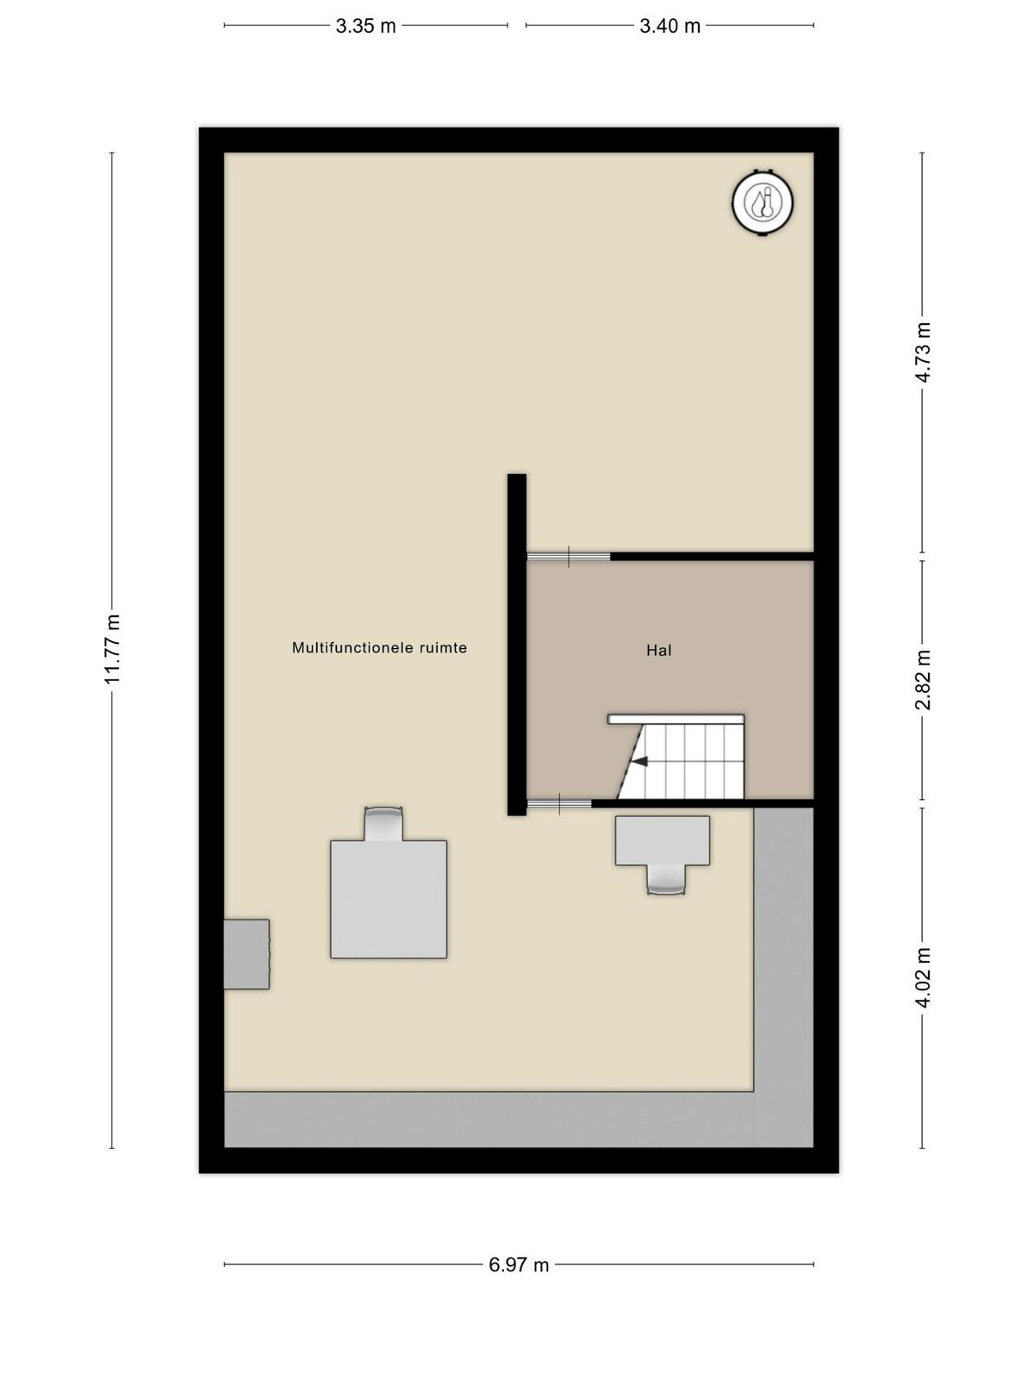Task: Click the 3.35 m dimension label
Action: (x=365, y=27)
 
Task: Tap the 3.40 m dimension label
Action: (x=670, y=27)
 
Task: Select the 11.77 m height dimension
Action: (x=112, y=649)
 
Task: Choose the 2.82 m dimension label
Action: (x=922, y=680)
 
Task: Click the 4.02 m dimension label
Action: (x=922, y=977)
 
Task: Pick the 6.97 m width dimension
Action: (x=519, y=1264)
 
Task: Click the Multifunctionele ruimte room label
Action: (x=379, y=648)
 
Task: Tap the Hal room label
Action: (x=658, y=650)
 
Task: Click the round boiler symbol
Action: (x=763, y=203)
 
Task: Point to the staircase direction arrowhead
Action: (x=639, y=762)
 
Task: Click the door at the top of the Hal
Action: (x=568, y=556)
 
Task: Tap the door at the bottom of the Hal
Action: (x=558, y=803)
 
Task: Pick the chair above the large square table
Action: (x=383, y=824)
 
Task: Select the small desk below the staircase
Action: (x=663, y=840)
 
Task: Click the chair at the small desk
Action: (x=666, y=880)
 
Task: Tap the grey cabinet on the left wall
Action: (x=246, y=954)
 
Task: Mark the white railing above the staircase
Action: (x=676, y=719)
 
